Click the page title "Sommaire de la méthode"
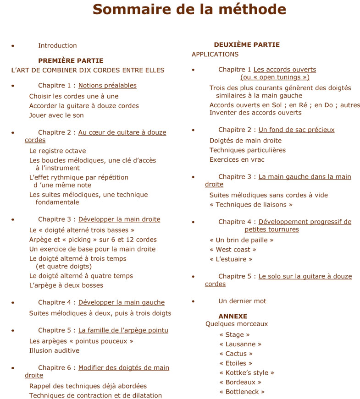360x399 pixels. click(x=189, y=9)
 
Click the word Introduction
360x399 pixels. click(x=57, y=45)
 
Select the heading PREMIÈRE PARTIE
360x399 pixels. click(x=71, y=60)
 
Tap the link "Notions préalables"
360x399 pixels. click(x=107, y=85)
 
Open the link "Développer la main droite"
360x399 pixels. click(x=119, y=219)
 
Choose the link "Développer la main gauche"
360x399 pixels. click(x=121, y=302)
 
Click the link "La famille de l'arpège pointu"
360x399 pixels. click(x=123, y=330)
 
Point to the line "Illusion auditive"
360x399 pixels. click(x=54, y=350)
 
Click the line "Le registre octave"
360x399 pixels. click(x=57, y=151)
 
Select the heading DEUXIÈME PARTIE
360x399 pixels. click(x=247, y=45)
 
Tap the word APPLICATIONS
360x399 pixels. click(x=215, y=54)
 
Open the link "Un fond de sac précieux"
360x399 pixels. click(x=296, y=130)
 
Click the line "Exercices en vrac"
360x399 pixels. click(x=237, y=159)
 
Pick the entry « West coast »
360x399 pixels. click(x=233, y=250)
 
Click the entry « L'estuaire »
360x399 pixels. click(x=231, y=259)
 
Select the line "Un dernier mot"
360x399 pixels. click(x=242, y=301)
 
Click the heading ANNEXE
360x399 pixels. click(x=233, y=316)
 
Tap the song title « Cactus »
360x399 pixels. click(x=236, y=354)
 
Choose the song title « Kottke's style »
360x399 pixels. click(x=247, y=373)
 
